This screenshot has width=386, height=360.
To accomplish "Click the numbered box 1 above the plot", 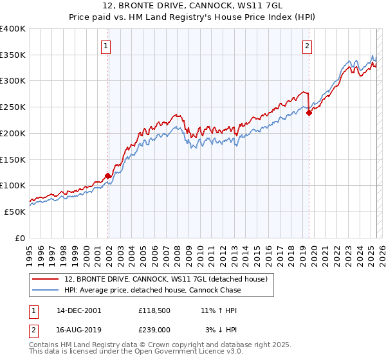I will click(106, 46).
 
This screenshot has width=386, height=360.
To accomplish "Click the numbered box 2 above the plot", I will click(308, 46).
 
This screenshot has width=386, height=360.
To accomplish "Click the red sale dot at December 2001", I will click(108, 175).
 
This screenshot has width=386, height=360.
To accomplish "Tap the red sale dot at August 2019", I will click(309, 113).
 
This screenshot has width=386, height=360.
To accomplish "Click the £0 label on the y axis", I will click(20, 238).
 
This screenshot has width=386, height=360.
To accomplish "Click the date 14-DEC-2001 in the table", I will click(79, 310).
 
